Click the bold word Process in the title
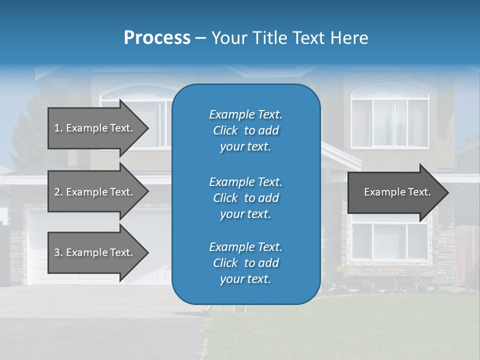(x=157, y=38)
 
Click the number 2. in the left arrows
(x=58, y=192)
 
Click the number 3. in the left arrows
(x=58, y=252)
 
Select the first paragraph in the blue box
(x=245, y=130)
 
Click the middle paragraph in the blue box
(x=245, y=198)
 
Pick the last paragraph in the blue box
(x=245, y=263)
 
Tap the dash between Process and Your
(x=201, y=38)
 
